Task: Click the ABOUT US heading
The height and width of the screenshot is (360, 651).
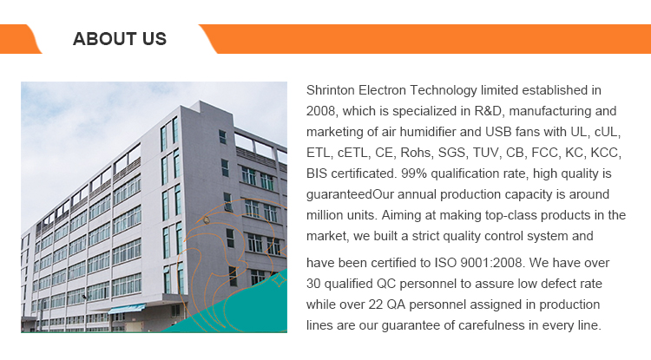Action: click(120, 39)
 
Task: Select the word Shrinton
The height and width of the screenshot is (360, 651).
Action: click(331, 90)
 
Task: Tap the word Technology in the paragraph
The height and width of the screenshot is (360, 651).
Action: click(444, 91)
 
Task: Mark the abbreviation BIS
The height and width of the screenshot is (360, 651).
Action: click(316, 173)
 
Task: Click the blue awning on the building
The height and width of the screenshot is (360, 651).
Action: click(127, 309)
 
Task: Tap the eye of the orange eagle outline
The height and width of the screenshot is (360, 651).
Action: click(207, 220)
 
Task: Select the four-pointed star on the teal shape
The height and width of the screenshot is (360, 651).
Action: click(279, 281)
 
